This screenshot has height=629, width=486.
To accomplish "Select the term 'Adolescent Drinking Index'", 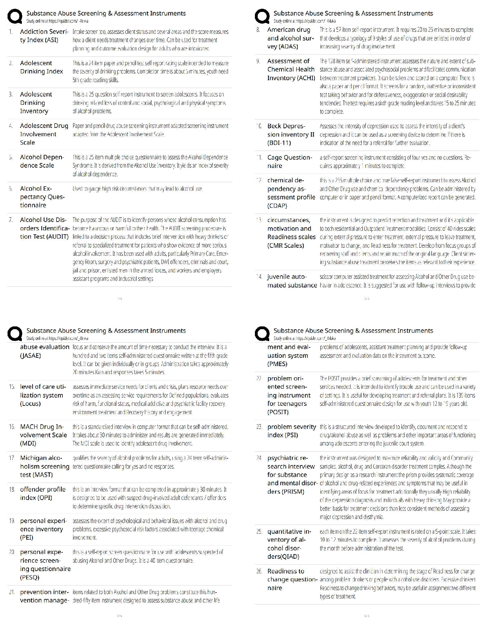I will (x=42, y=67).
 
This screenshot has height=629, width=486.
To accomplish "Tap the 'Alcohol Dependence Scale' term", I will (x=42, y=161).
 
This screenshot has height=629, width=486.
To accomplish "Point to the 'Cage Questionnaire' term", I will (x=289, y=162).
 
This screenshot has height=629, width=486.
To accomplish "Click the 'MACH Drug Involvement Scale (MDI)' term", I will (x=44, y=435).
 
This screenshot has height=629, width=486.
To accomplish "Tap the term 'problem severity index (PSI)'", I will (x=291, y=431).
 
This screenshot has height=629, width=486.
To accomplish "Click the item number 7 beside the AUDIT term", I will (x=11, y=220).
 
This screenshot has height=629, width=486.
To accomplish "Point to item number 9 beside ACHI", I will (x=258, y=61).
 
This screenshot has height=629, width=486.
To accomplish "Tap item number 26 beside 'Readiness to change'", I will (x=259, y=571).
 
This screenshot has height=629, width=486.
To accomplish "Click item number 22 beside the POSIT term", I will (x=259, y=378).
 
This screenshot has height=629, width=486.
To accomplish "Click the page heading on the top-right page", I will (x=353, y=13).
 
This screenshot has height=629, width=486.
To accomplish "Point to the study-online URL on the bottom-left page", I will (x=57, y=338).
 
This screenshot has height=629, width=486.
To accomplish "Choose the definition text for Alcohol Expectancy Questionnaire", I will (x=137, y=189).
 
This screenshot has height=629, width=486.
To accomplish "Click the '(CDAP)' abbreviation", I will (x=277, y=206).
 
